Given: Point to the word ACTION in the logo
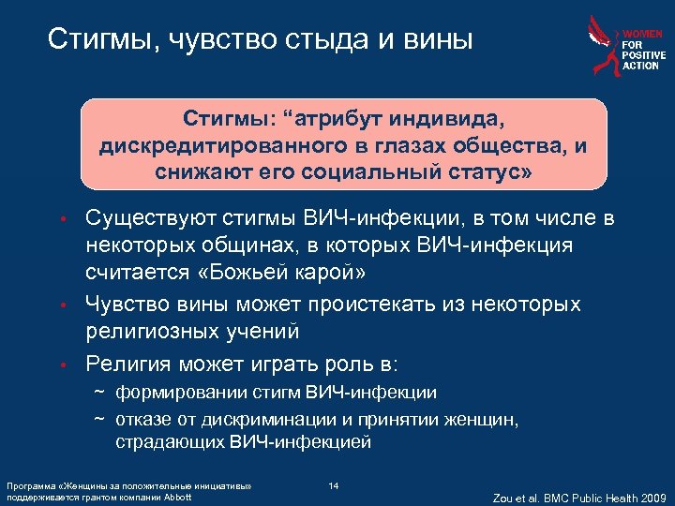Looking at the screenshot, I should (642, 67).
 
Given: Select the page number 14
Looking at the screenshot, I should (334, 485).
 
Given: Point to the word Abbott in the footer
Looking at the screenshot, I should (177, 497).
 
